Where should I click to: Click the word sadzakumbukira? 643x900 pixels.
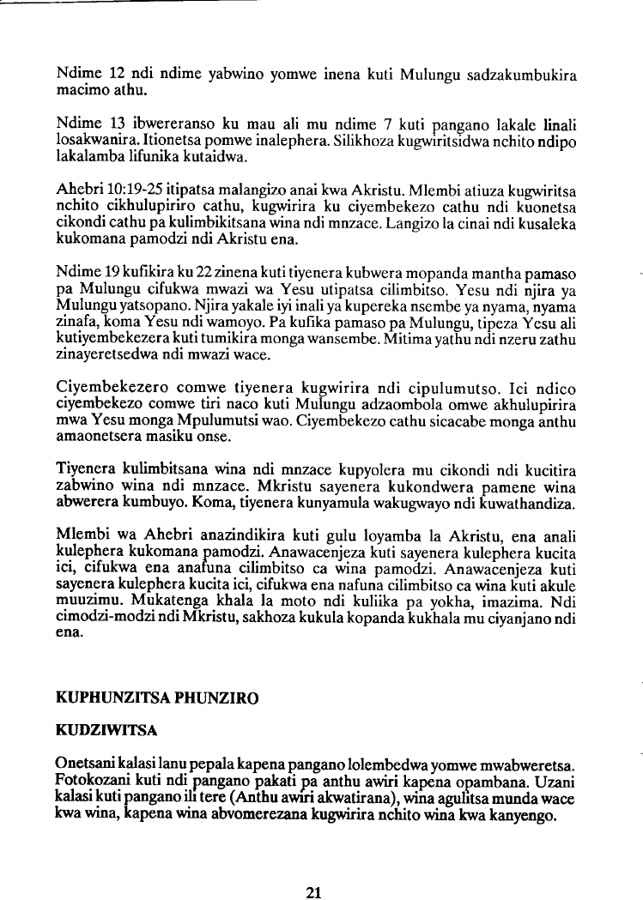pos(522,74)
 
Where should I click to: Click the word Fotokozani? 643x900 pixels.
pos(90,778)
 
